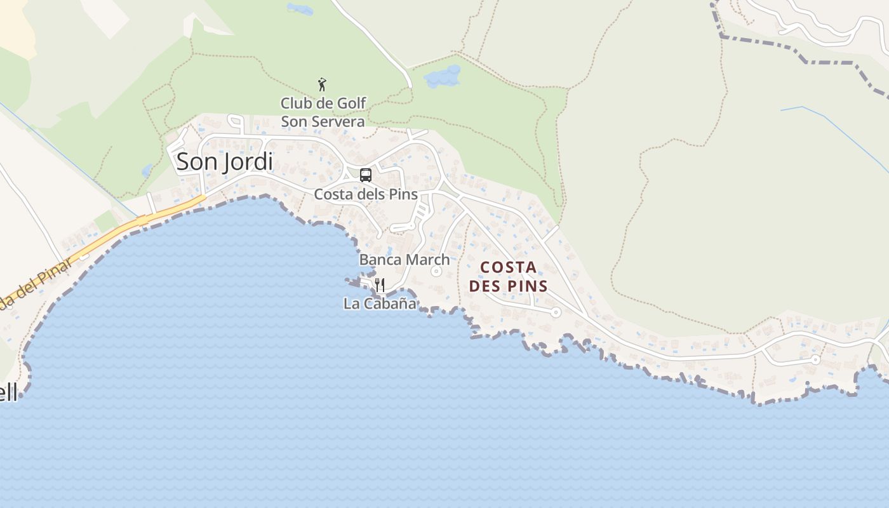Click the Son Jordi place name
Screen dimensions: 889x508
point(225,161)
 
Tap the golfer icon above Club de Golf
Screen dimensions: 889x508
point(322,84)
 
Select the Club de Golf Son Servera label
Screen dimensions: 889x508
point(323,112)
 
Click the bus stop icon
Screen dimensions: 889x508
point(365,175)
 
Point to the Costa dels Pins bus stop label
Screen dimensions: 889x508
point(366,194)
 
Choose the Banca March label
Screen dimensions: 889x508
point(404,259)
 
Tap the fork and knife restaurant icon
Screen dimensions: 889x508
point(380,285)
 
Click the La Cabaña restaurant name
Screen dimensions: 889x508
point(380,304)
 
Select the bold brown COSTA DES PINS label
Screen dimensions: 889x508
point(508,276)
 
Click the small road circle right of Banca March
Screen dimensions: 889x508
point(436,271)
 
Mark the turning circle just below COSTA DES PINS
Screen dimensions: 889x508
point(556,312)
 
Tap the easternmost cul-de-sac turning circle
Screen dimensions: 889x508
point(816,359)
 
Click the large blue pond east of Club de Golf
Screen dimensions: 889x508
point(442,76)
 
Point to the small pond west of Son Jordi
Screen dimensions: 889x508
point(147,170)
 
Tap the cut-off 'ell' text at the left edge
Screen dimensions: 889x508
point(8,392)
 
